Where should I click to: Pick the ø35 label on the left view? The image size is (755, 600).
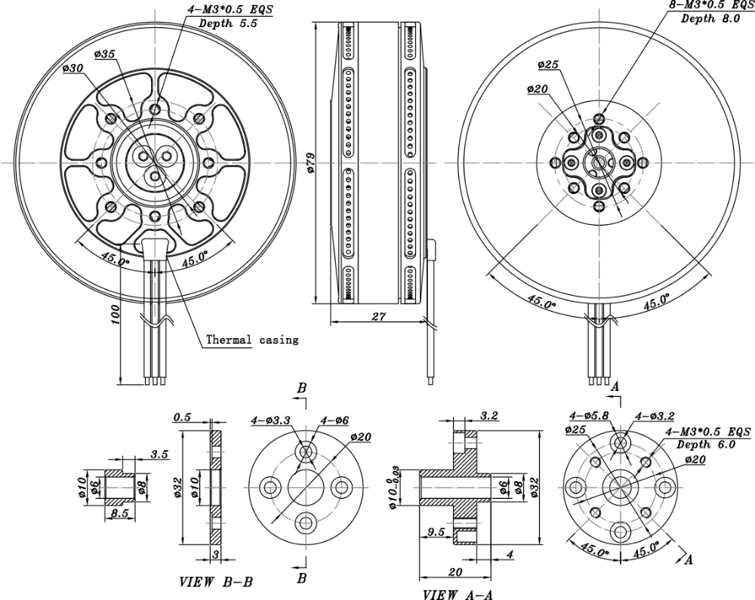106,54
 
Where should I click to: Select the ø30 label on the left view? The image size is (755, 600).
73,69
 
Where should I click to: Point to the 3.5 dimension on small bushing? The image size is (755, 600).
159,454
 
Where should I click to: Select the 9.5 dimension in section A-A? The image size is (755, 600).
436,532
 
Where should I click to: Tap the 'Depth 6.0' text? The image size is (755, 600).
710,445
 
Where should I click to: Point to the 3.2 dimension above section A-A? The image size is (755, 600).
489,415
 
